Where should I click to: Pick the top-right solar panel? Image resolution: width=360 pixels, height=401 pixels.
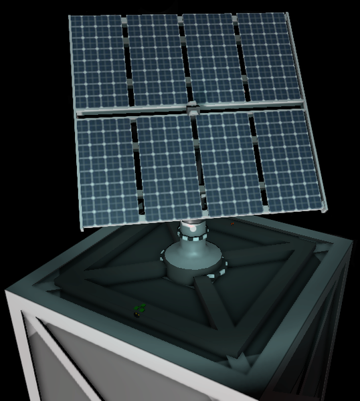pyautogui.click(x=266, y=57)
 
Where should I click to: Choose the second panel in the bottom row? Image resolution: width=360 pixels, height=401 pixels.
pyautogui.click(x=169, y=167)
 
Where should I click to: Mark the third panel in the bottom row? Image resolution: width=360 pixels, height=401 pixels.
pyautogui.click(x=229, y=163)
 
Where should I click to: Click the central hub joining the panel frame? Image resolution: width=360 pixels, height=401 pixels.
pyautogui.click(x=192, y=107)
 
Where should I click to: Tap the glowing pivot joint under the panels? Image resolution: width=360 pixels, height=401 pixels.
pyautogui.click(x=193, y=229)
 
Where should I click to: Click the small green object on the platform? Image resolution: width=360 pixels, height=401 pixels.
pyautogui.click(x=140, y=309)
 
